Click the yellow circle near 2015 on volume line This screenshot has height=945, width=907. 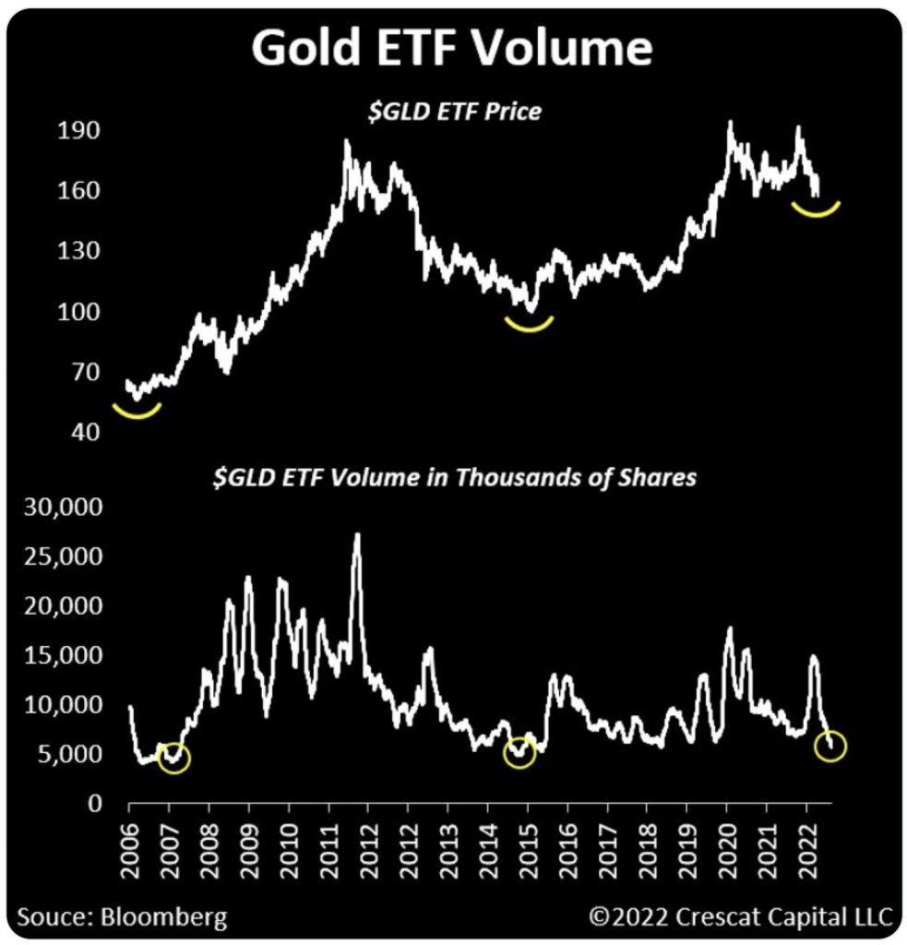(x=519, y=754)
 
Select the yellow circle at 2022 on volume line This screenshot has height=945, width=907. (x=830, y=747)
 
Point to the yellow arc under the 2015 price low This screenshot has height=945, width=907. (x=529, y=323)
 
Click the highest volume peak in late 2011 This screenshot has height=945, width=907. (x=357, y=535)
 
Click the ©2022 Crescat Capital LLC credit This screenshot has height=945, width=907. (x=741, y=917)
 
